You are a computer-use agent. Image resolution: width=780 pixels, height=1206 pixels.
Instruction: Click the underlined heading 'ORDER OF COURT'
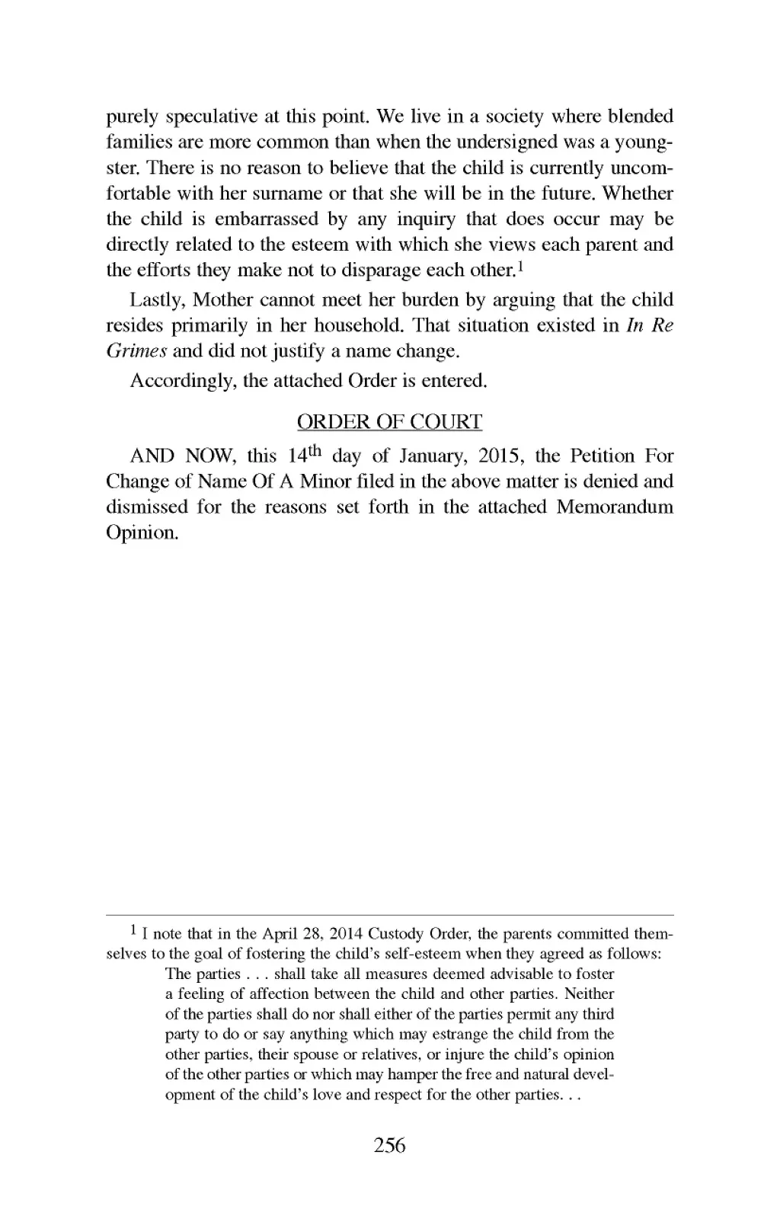[x=389, y=422]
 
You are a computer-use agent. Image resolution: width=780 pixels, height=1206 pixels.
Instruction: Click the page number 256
[x=390, y=1145]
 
